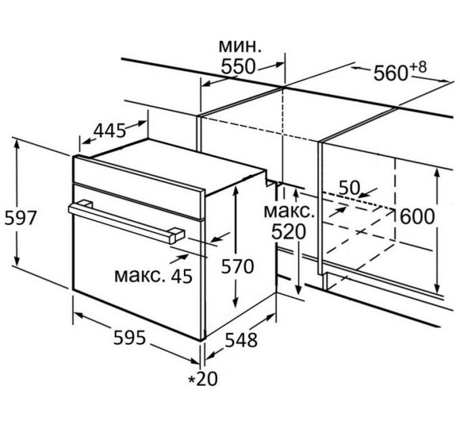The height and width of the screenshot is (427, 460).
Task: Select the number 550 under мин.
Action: (239, 66)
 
